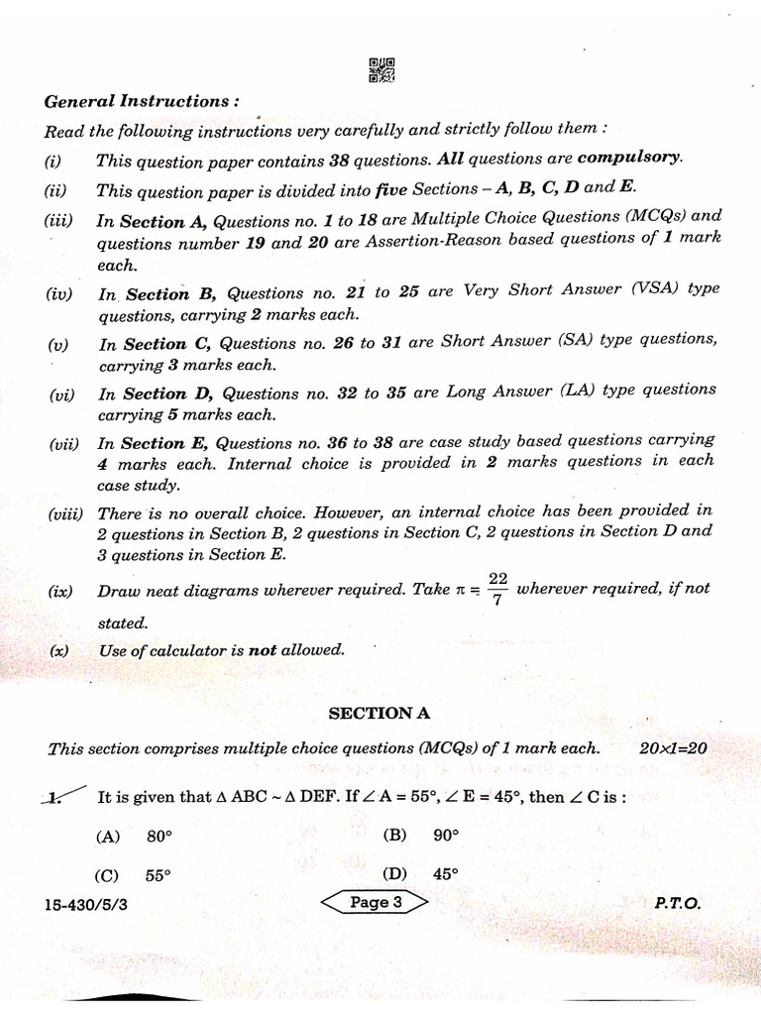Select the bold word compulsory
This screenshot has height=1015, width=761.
click(629, 158)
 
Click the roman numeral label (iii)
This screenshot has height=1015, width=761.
click(58, 220)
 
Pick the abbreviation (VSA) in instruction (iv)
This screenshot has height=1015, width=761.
click(653, 289)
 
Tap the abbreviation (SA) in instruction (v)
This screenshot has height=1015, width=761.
click(551, 339)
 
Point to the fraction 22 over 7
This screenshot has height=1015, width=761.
click(497, 589)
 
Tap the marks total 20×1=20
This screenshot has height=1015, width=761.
click(673, 748)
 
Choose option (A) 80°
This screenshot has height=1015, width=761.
click(134, 836)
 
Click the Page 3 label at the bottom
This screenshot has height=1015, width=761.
click(376, 902)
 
